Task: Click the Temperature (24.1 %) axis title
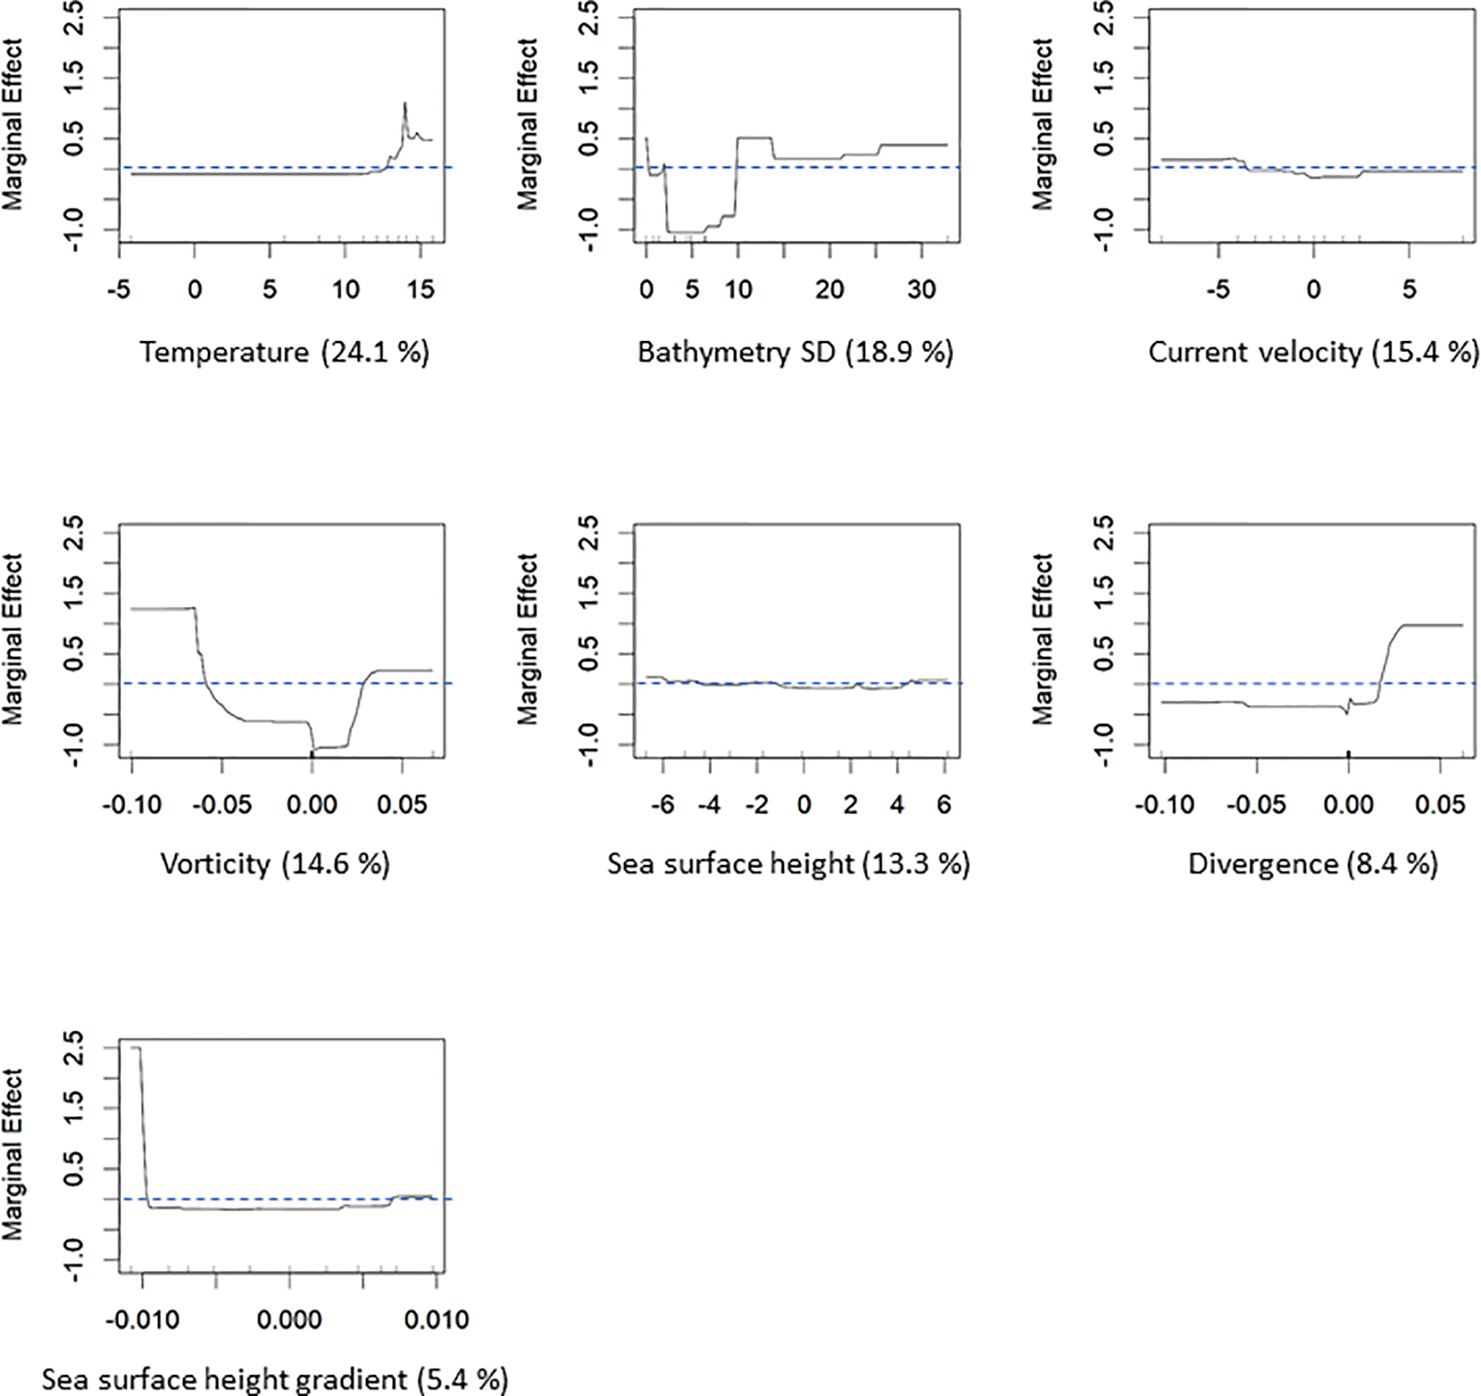[x=284, y=352]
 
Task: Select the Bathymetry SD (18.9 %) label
[x=795, y=352]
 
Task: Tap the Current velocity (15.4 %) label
[x=1313, y=352]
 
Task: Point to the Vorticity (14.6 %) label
[x=275, y=864]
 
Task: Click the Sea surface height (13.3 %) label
[x=788, y=864]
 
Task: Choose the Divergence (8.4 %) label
[x=1312, y=864]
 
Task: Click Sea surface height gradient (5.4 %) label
[x=275, y=1378]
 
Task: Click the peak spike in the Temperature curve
[x=405, y=103]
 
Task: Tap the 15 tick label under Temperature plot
[x=420, y=290]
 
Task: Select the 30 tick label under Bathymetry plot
[x=921, y=290]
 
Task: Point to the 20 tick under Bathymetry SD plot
[x=829, y=290]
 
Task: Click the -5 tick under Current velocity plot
[x=1219, y=290]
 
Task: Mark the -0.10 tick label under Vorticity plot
[x=132, y=805]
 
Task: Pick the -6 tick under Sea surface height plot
[x=662, y=805]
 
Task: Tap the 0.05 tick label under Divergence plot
[x=1441, y=805]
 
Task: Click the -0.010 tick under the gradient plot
[x=142, y=1320]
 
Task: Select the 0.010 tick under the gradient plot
[x=436, y=1320]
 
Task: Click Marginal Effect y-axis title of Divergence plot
[x=1042, y=639]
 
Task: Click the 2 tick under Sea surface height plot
[x=851, y=805]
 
